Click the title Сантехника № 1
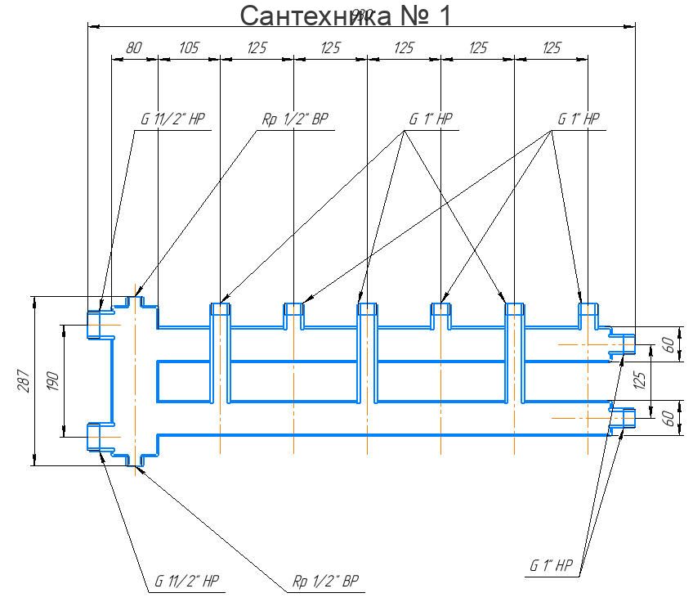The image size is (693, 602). pos(345,15)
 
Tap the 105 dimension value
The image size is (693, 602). pos(188,48)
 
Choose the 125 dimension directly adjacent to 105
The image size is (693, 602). pos(257,48)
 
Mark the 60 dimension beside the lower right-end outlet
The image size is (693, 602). pos(668,418)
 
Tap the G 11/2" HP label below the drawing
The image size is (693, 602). pos(187,582)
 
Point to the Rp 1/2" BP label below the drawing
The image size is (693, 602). pos(325,582)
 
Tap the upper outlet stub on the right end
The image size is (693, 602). pos(624,344)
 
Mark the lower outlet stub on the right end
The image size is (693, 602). pos(624,418)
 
